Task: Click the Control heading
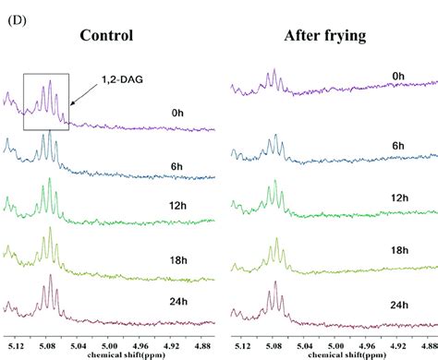(x=106, y=36)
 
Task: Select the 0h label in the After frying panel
(x=398, y=76)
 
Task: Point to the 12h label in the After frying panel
(x=399, y=198)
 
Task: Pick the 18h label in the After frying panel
(x=399, y=249)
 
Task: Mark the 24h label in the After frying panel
(x=399, y=304)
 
